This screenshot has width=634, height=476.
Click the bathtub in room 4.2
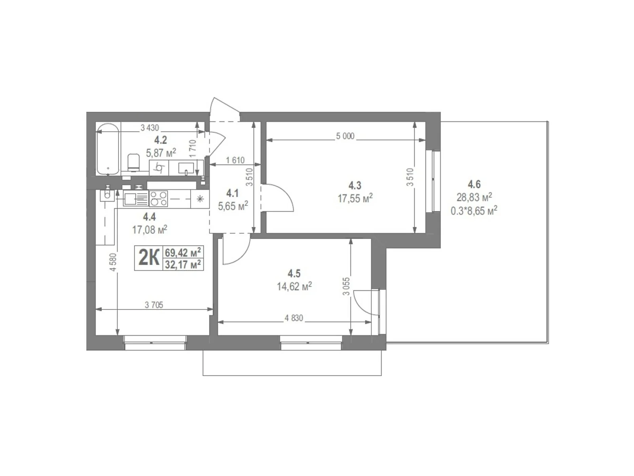coord(108,149)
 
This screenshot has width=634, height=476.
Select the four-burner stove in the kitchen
coord(158,198)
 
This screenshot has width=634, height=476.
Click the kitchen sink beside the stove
coord(130,198)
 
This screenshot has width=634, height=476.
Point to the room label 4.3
coord(355,185)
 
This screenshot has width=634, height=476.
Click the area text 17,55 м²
coord(355,198)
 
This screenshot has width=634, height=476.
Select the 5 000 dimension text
coord(345,136)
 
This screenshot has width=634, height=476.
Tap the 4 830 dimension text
coord(294,318)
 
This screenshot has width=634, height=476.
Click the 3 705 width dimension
coord(154,305)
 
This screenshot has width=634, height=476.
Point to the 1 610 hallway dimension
coord(235,160)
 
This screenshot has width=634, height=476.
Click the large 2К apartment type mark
coord(149,258)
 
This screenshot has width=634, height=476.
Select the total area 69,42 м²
coord(183,252)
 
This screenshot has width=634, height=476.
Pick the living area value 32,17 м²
coord(183,264)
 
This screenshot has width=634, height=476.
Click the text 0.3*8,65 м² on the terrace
coord(474,210)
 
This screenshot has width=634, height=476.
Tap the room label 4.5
coord(294,273)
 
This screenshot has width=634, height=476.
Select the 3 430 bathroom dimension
coord(150,128)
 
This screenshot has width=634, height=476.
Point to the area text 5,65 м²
coord(233,206)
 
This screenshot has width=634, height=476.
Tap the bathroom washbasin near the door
coord(186,168)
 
